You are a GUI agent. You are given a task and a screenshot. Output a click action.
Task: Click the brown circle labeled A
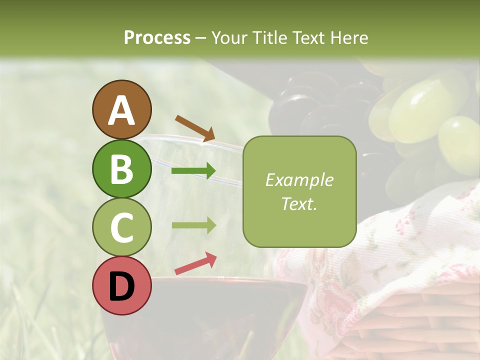click(x=121, y=109)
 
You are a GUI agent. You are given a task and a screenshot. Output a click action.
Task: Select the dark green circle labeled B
click(x=121, y=168)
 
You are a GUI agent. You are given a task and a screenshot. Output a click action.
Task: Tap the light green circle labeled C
click(x=121, y=227)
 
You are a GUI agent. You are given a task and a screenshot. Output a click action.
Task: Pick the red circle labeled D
click(x=121, y=285)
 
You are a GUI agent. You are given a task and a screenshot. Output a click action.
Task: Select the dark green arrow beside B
click(x=193, y=171)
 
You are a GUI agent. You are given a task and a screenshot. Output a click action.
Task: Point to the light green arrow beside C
click(x=193, y=225)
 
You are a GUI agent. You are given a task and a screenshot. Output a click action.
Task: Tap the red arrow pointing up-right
click(x=195, y=263)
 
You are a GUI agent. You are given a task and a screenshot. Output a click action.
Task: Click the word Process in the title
click(x=157, y=37)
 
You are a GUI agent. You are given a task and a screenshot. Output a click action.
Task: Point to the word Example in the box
click(x=299, y=180)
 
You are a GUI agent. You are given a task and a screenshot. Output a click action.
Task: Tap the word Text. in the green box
click(x=299, y=203)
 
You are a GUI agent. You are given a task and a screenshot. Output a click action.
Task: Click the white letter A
click(x=121, y=110)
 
